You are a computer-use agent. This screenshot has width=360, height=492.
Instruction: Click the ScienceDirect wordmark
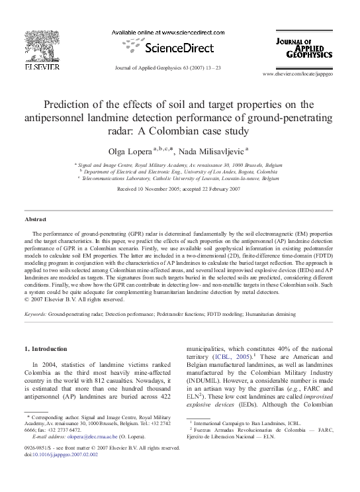177,48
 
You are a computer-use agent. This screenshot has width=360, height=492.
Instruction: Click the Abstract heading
35,219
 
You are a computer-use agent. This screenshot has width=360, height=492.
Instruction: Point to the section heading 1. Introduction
46,348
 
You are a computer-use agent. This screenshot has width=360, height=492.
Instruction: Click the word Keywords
35,315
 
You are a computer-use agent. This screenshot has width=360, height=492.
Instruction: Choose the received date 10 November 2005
159,189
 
